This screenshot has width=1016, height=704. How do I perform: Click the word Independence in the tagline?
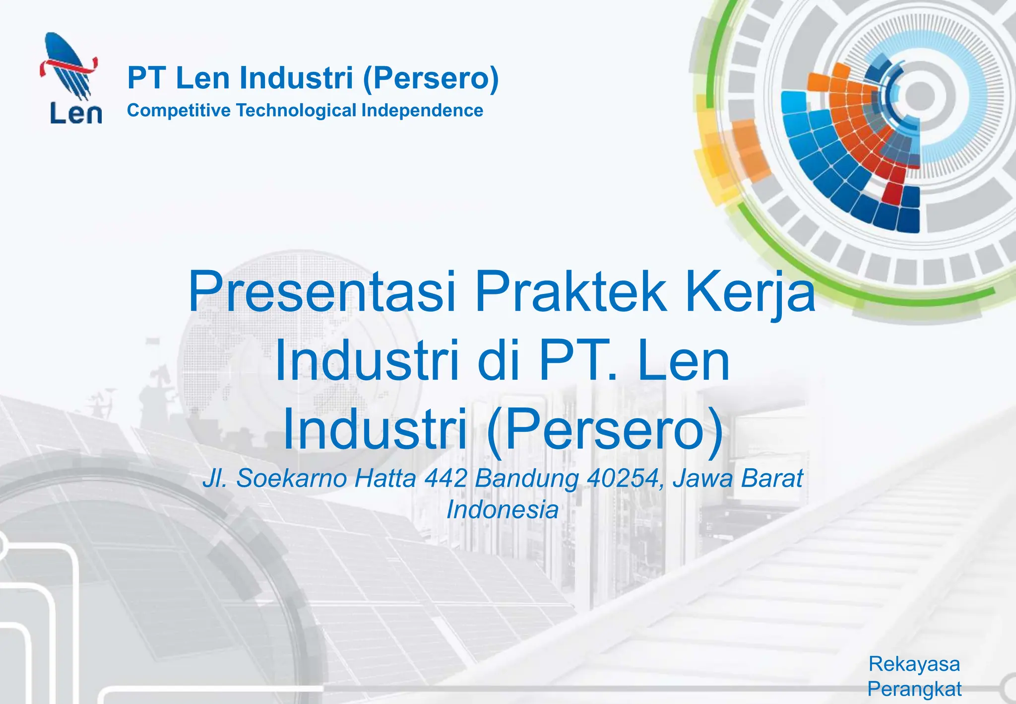422,110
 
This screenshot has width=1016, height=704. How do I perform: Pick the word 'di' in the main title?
498,360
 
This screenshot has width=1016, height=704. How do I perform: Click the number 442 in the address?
446,478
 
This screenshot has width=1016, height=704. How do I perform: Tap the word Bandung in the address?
527,478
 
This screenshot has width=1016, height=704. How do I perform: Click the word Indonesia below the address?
502,510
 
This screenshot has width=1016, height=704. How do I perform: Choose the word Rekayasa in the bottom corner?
914,664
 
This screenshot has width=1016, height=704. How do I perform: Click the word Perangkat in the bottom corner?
914,689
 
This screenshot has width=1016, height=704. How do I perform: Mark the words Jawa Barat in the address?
737,478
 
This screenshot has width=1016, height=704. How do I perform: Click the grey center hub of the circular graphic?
919,94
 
